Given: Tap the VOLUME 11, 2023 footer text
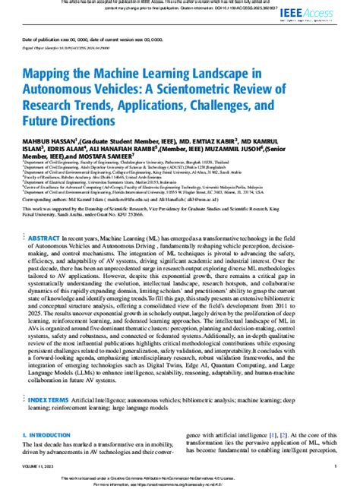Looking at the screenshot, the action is click(x=37, y=466).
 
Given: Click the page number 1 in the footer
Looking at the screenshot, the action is click(x=336, y=466).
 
